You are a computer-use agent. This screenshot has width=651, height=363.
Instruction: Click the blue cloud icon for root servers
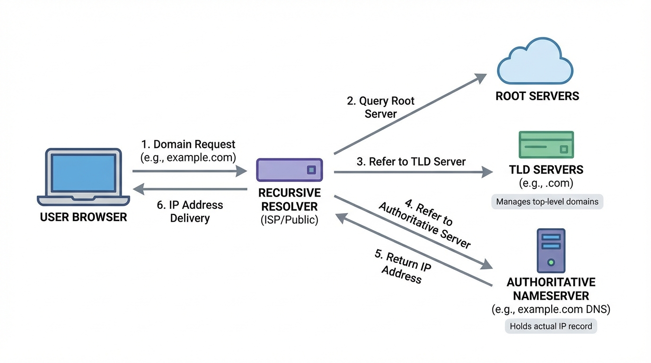pos(535,62)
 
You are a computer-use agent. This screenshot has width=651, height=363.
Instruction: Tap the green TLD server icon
pos(546,145)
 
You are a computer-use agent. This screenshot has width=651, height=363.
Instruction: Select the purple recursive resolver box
pos(290,170)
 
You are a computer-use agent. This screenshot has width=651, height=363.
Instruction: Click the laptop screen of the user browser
pos(83,173)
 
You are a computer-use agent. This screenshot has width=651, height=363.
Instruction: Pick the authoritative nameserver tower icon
pos(551,251)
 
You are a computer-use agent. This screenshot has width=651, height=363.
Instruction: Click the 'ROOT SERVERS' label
pos(537,96)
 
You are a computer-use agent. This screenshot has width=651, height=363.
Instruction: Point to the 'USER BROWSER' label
pos(83,217)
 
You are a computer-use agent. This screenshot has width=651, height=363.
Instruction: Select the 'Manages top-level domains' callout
pos(547,202)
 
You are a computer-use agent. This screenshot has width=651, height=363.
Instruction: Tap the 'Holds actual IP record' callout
pos(551,326)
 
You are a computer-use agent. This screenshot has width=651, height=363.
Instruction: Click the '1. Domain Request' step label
pos(188,144)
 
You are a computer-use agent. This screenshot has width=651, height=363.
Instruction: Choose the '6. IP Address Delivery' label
pos(190,211)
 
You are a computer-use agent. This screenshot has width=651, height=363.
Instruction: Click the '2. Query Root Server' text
pos(380,107)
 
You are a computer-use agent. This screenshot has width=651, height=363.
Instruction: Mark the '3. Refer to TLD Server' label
pos(411,162)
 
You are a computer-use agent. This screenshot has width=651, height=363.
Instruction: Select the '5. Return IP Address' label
pos(403,266)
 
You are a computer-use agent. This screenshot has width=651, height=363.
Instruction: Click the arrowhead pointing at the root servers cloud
pos(482,77)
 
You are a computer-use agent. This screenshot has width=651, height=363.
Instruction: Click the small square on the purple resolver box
pos(311,170)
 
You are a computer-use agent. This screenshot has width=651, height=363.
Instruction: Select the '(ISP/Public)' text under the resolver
pos(289,220)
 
